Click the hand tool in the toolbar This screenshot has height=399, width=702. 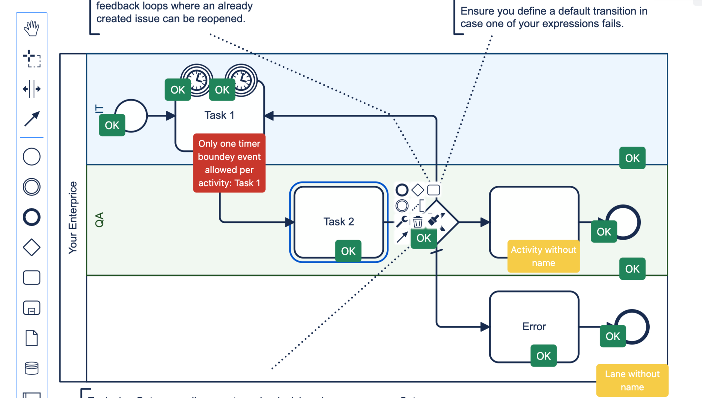point(32,29)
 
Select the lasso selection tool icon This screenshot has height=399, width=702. point(32,59)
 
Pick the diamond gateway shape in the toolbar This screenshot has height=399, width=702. point(32,247)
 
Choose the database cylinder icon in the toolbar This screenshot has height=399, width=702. point(32,368)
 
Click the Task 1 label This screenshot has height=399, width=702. point(219,115)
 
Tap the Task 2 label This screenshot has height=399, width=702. point(339,222)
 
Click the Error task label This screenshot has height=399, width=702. point(534,327)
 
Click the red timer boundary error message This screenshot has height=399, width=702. point(229,163)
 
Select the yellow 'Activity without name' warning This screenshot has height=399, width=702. point(543,256)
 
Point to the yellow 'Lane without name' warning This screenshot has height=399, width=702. point(632,380)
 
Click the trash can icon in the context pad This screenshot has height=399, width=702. point(418,222)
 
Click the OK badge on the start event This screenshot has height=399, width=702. point(112,125)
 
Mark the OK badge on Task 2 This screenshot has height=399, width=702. point(348,251)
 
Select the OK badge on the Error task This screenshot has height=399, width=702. point(543,356)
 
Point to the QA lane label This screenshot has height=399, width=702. point(99,220)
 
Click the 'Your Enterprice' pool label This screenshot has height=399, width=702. point(73,218)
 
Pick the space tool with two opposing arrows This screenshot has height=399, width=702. point(32,89)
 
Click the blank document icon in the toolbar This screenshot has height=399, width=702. point(32,338)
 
